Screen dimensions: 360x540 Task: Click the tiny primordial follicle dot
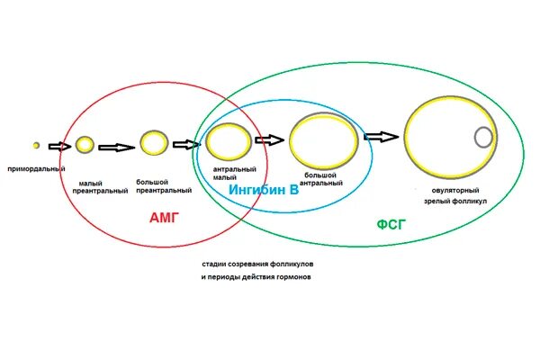coord(36,145)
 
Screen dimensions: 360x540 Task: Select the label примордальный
coord(36,169)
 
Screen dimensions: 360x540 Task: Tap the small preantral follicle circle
coord(85,144)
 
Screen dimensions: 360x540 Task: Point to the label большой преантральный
coord(164,186)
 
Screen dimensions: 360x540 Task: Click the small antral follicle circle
coord(228,142)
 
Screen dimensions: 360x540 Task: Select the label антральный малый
coord(235,174)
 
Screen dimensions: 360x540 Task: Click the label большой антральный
coord(321,178)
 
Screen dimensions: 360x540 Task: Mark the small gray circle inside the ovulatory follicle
coord(483,137)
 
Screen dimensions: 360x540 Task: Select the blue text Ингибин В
coord(265,191)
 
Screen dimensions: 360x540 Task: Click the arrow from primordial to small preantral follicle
coord(59,146)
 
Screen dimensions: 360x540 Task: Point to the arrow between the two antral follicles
coord(269,139)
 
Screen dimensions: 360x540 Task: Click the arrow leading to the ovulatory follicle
coord(380,137)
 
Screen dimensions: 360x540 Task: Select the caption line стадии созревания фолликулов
coord(258,264)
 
